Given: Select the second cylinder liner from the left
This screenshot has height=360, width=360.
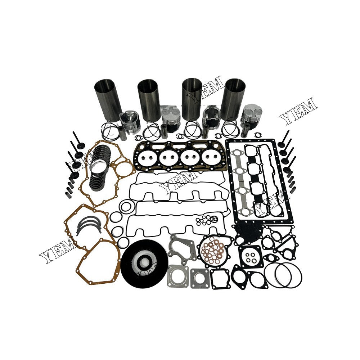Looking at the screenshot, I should [149, 99].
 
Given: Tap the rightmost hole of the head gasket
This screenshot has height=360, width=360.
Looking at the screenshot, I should [219, 157].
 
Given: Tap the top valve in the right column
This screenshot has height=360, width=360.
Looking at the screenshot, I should [286, 139].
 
